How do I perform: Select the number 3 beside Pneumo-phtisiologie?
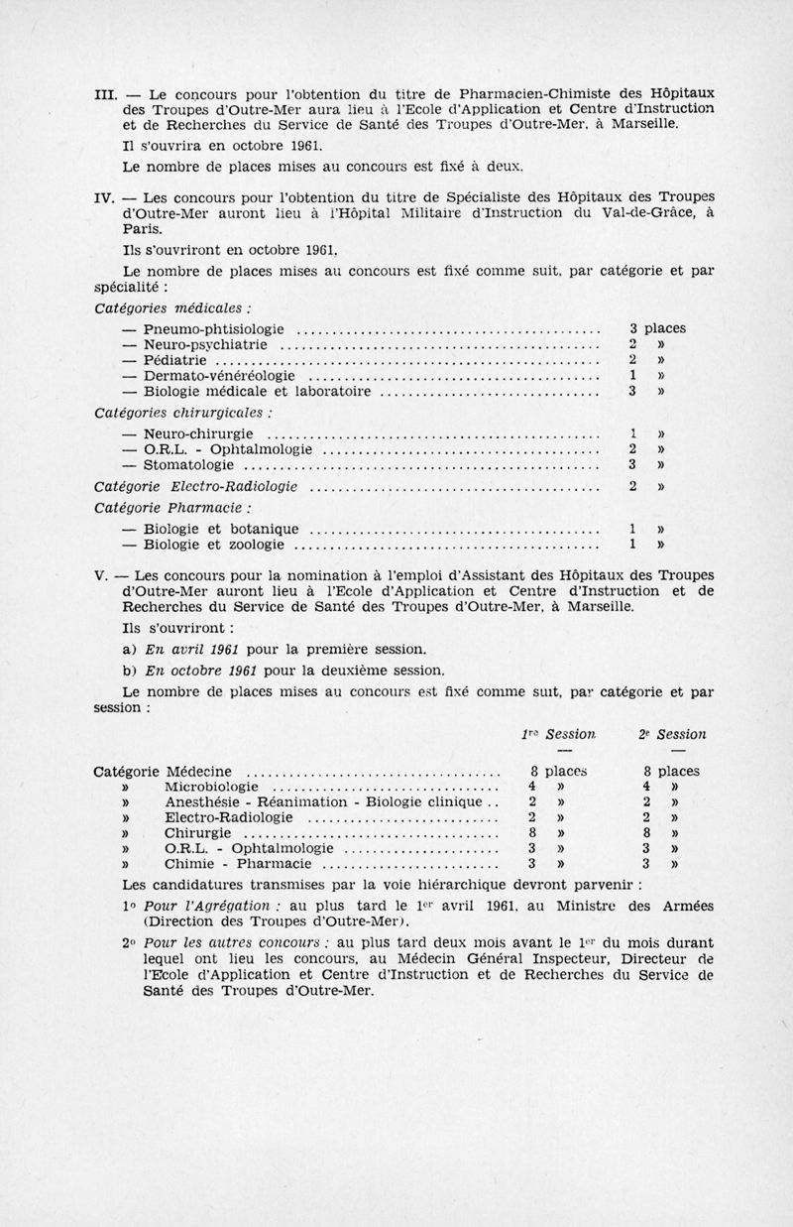[633, 327]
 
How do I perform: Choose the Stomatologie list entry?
[188, 464]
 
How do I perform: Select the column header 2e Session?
[672, 735]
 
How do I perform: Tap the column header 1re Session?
[559, 735]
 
